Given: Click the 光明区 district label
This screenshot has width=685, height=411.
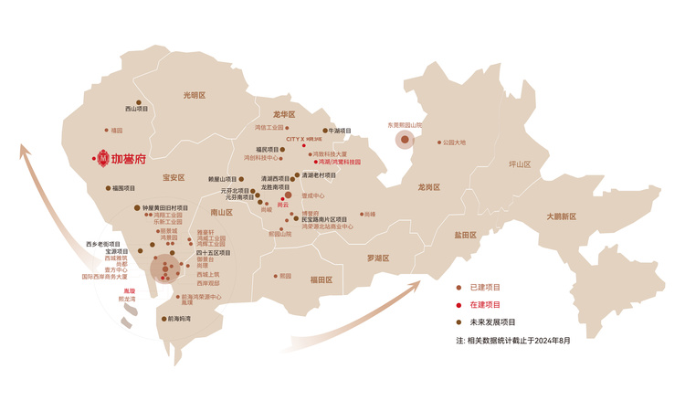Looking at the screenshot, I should [x=195, y=95].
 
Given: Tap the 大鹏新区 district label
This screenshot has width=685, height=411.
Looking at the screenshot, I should [x=562, y=216].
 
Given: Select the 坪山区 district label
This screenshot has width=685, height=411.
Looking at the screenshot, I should [x=520, y=164].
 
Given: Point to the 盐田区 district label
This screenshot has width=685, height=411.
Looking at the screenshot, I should [x=466, y=235].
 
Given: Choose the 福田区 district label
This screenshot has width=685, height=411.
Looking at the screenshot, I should [x=321, y=279].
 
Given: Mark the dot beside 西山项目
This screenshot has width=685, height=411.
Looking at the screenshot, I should [x=138, y=102].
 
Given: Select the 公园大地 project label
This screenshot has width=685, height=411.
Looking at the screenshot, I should [x=454, y=142].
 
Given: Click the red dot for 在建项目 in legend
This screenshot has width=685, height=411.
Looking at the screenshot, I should [x=460, y=304].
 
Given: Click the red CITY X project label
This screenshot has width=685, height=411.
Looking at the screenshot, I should [x=304, y=139].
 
